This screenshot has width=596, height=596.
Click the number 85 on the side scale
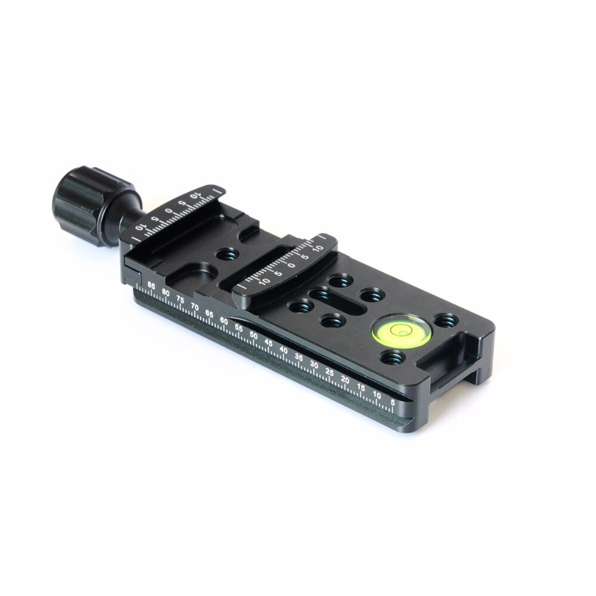(151, 286)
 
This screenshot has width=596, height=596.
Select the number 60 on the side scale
(224, 321)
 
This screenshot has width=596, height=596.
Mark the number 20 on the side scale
(345, 379)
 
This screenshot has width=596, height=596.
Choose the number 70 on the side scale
(195, 306)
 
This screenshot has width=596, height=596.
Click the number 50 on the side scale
(254, 336)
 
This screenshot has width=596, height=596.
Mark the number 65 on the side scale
(209, 313)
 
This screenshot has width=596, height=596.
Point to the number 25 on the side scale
(330, 372)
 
